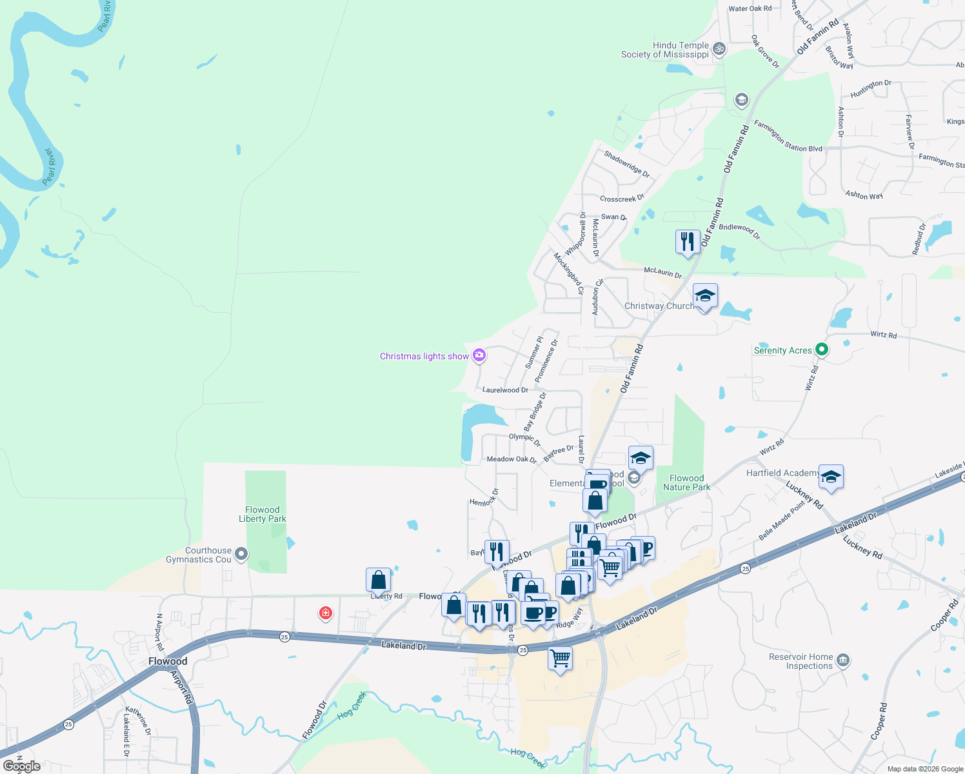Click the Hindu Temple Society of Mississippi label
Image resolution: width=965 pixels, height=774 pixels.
coord(665,50)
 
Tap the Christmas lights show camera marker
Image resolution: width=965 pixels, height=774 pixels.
coord(479,355)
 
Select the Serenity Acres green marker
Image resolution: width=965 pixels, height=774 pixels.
coord(822,350)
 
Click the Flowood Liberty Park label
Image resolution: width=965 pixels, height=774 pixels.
coord(263,514)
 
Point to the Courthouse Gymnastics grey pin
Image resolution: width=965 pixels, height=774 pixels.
coord(241,553)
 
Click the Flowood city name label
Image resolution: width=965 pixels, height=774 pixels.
coord(168,661)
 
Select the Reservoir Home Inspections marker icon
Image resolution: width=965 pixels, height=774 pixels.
coord(842,660)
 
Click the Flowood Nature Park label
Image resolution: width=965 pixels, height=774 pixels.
coord(686,482)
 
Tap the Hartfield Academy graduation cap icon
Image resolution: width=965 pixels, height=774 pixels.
coord(831,477)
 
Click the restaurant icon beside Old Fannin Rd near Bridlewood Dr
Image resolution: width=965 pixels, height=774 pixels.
coord(688,241)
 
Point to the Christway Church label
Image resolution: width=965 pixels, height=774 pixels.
coord(659,306)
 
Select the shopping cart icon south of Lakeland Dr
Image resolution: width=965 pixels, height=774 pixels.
coord(560,659)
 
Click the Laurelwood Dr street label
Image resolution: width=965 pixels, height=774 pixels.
coord(505,390)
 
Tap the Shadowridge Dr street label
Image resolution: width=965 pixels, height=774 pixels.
coord(626,164)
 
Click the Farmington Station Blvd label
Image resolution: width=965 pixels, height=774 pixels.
coord(788,137)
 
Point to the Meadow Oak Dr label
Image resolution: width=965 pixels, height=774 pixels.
coord(512,459)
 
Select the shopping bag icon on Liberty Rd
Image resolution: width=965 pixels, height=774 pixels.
coord(379,580)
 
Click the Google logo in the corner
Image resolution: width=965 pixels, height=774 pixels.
coord(22,766)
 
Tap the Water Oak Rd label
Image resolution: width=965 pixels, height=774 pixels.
coord(750,8)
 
